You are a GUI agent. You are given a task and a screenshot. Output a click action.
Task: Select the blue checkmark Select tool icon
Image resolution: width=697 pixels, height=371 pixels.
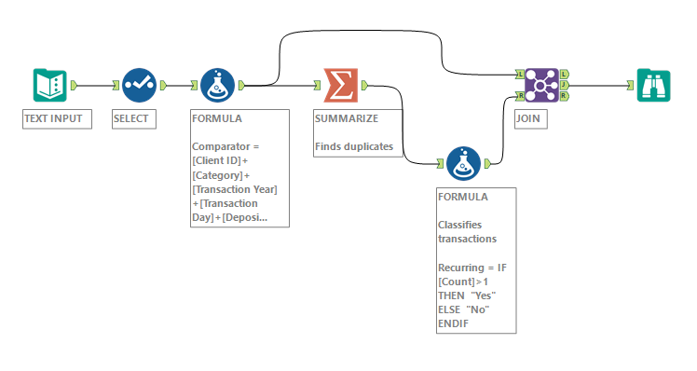138,85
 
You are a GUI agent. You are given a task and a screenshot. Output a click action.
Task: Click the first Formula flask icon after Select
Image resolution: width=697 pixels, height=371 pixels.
217,85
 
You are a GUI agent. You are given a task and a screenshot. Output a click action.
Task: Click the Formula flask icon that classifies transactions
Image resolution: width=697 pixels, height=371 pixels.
463,163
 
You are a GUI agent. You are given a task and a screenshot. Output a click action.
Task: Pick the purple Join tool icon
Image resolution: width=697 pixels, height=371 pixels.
540,85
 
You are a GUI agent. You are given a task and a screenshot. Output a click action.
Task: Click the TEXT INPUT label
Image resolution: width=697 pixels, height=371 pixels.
54,119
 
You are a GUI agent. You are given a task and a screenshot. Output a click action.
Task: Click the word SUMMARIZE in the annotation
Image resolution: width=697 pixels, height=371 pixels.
348,119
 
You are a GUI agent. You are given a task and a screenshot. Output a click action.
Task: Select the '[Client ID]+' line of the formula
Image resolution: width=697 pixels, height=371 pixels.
220,160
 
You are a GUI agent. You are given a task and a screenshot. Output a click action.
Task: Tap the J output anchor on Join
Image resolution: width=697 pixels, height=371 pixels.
566,85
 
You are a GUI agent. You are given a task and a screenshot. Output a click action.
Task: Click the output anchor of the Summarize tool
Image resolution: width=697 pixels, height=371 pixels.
364,85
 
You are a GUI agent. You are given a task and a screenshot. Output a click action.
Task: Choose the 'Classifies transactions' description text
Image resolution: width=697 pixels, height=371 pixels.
467,231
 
